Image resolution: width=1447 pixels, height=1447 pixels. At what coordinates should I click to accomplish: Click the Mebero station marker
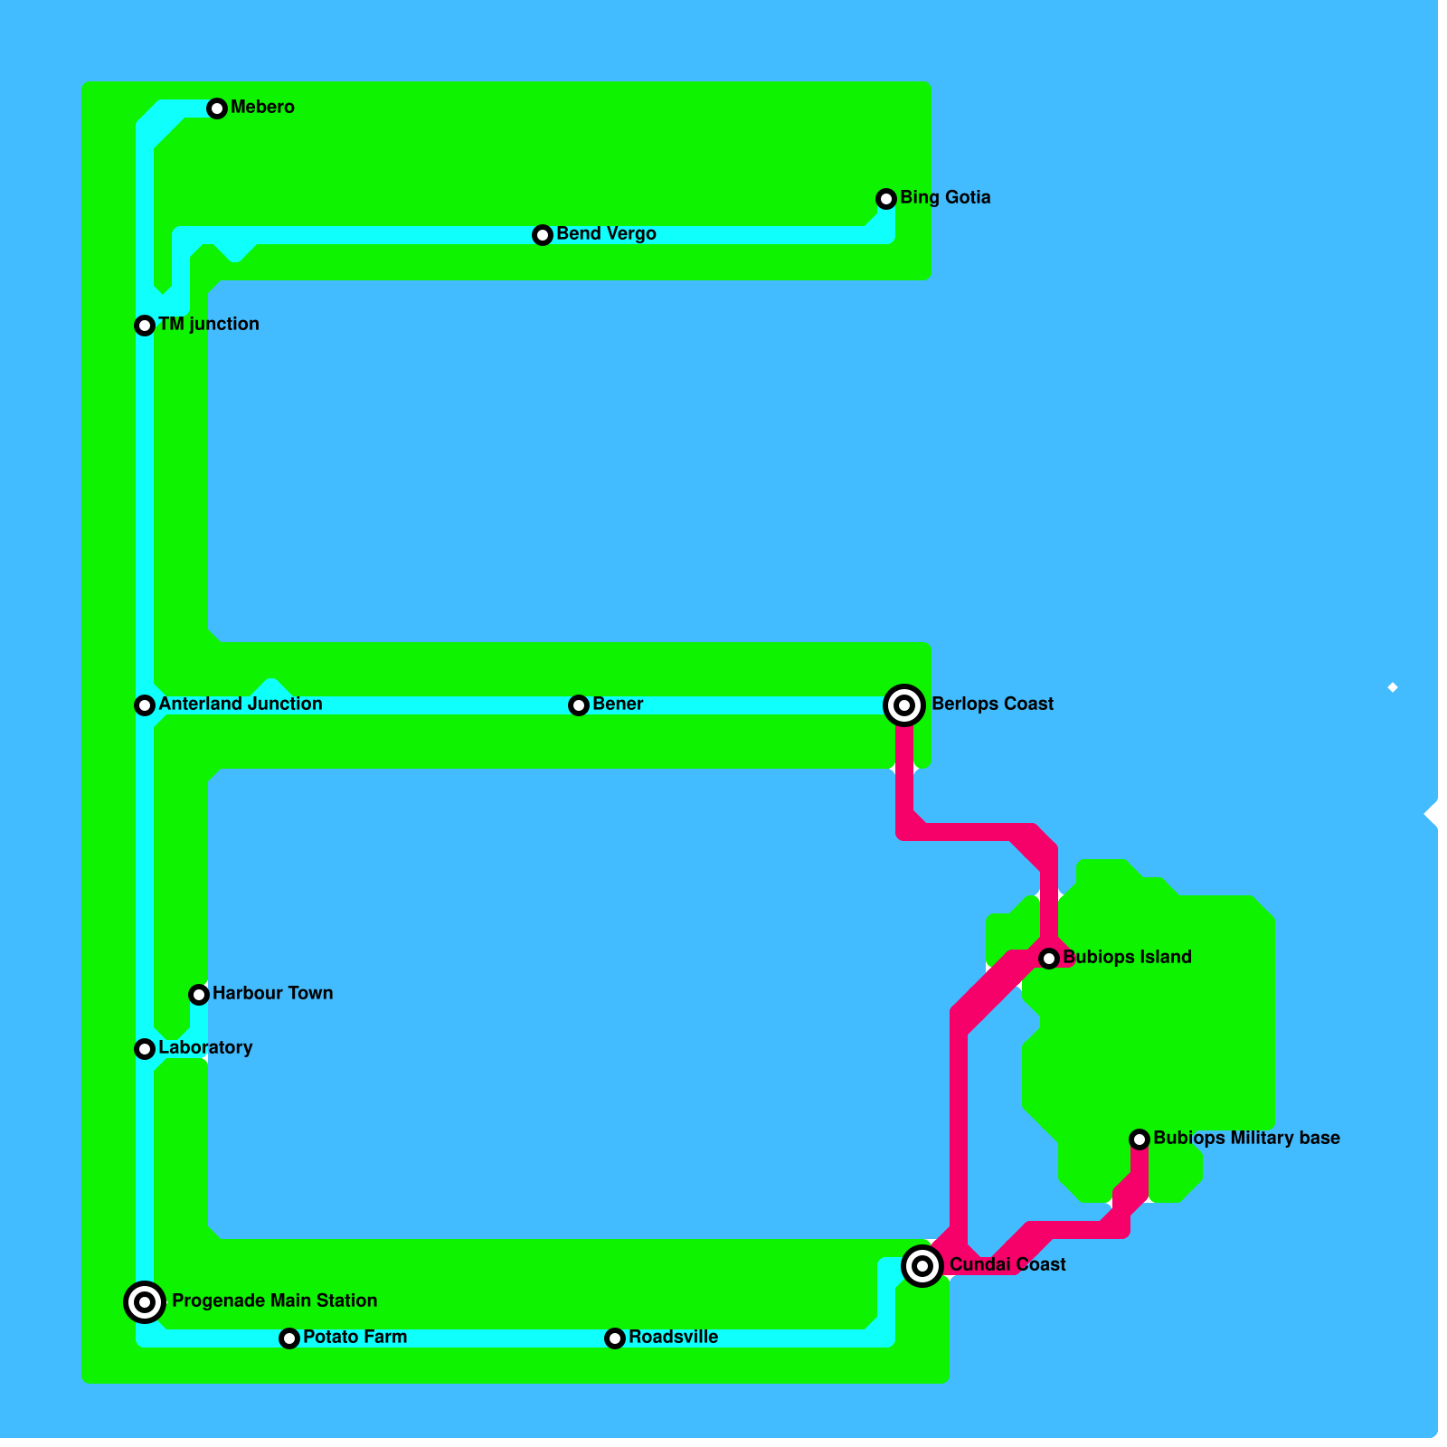217,109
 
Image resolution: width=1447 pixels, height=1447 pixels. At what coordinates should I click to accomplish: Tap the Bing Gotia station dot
886,199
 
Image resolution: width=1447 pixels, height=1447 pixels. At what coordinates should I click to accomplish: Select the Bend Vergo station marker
543,235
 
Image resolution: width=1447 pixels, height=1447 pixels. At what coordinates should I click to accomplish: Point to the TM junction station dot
145,326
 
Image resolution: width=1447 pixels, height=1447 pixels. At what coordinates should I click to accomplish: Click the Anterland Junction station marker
145,705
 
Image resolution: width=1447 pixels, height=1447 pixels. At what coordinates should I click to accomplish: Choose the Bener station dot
579,705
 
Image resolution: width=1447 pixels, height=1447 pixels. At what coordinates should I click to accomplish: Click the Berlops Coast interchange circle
904,705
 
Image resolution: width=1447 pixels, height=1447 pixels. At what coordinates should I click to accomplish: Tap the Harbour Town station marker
199,995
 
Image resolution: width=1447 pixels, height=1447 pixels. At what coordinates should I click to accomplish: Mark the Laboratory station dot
145,1049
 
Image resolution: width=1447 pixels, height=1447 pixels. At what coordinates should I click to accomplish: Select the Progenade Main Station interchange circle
145,1302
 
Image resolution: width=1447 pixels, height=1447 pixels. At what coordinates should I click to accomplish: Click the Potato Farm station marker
289,1338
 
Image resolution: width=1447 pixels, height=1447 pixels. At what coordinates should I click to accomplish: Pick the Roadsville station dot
615,1338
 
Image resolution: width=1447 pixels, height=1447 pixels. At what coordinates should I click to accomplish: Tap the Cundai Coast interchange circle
922,1266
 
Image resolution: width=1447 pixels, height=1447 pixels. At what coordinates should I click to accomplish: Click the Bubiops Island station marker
1049,959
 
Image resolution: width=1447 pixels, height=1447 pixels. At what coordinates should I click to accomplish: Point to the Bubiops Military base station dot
1140,1140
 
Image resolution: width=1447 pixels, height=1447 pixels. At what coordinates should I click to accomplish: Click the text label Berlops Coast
992,704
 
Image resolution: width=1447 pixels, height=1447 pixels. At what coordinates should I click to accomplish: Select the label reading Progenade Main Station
274,1300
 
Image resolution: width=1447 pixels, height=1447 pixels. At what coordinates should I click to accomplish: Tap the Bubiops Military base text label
1246,1138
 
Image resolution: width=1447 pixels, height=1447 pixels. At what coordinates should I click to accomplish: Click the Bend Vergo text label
606,233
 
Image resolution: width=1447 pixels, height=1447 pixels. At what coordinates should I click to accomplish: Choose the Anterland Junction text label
240,704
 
